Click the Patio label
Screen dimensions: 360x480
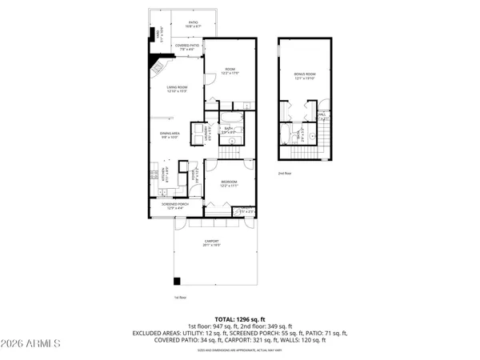click(x=193, y=23)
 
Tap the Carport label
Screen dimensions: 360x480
click(x=211, y=243)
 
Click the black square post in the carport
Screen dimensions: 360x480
click(x=178, y=282)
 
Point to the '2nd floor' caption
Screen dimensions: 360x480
click(x=284, y=173)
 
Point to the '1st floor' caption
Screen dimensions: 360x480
click(x=180, y=298)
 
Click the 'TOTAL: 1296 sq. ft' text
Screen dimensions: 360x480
click(x=239, y=318)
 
